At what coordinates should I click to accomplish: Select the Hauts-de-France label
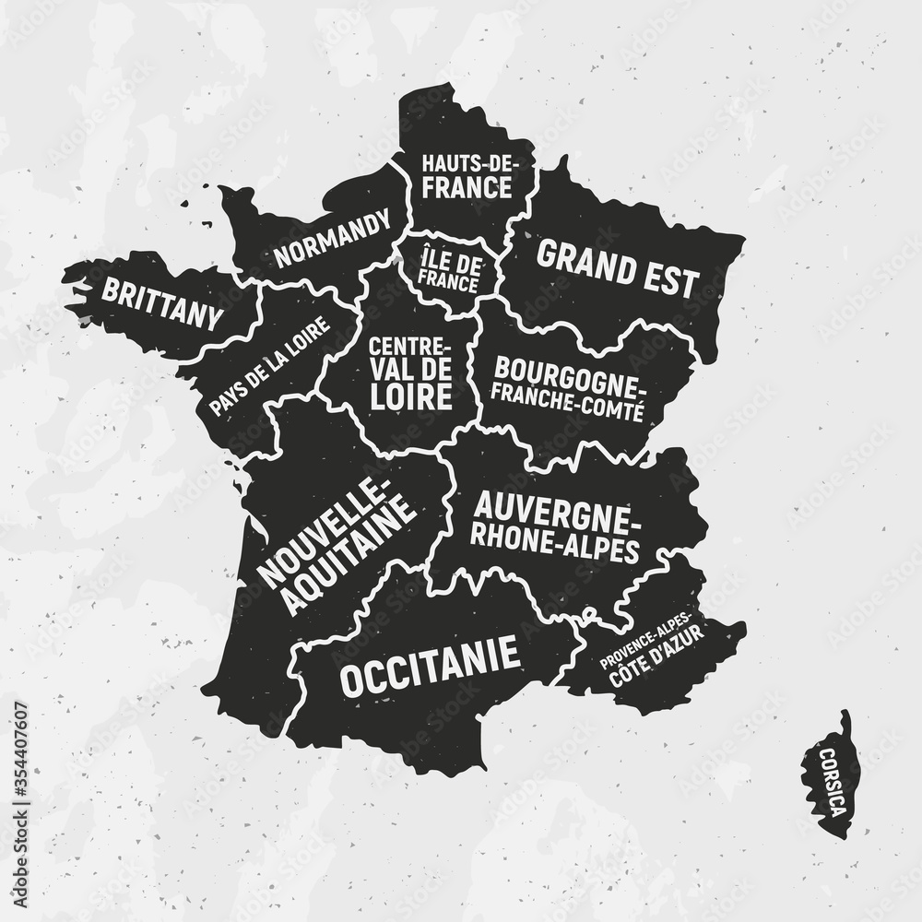tap(466, 177)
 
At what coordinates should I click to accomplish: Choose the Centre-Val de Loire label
tap(410, 373)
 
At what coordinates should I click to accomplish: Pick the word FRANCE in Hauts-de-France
tap(466, 188)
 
